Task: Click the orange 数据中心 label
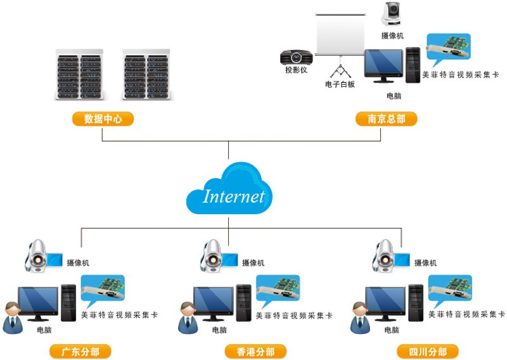point(103,119)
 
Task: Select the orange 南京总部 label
point(387,119)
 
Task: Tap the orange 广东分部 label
point(80,352)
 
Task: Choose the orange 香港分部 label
point(255,352)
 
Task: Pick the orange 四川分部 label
point(428,352)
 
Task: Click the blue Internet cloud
point(229,190)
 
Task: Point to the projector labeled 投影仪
point(296,57)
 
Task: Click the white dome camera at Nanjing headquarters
point(391,13)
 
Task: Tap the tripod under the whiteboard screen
point(340,67)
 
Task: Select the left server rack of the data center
point(80,74)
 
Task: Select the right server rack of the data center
point(146,74)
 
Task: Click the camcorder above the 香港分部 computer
point(219,256)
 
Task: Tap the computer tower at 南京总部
point(413,65)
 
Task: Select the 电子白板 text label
point(340,84)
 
